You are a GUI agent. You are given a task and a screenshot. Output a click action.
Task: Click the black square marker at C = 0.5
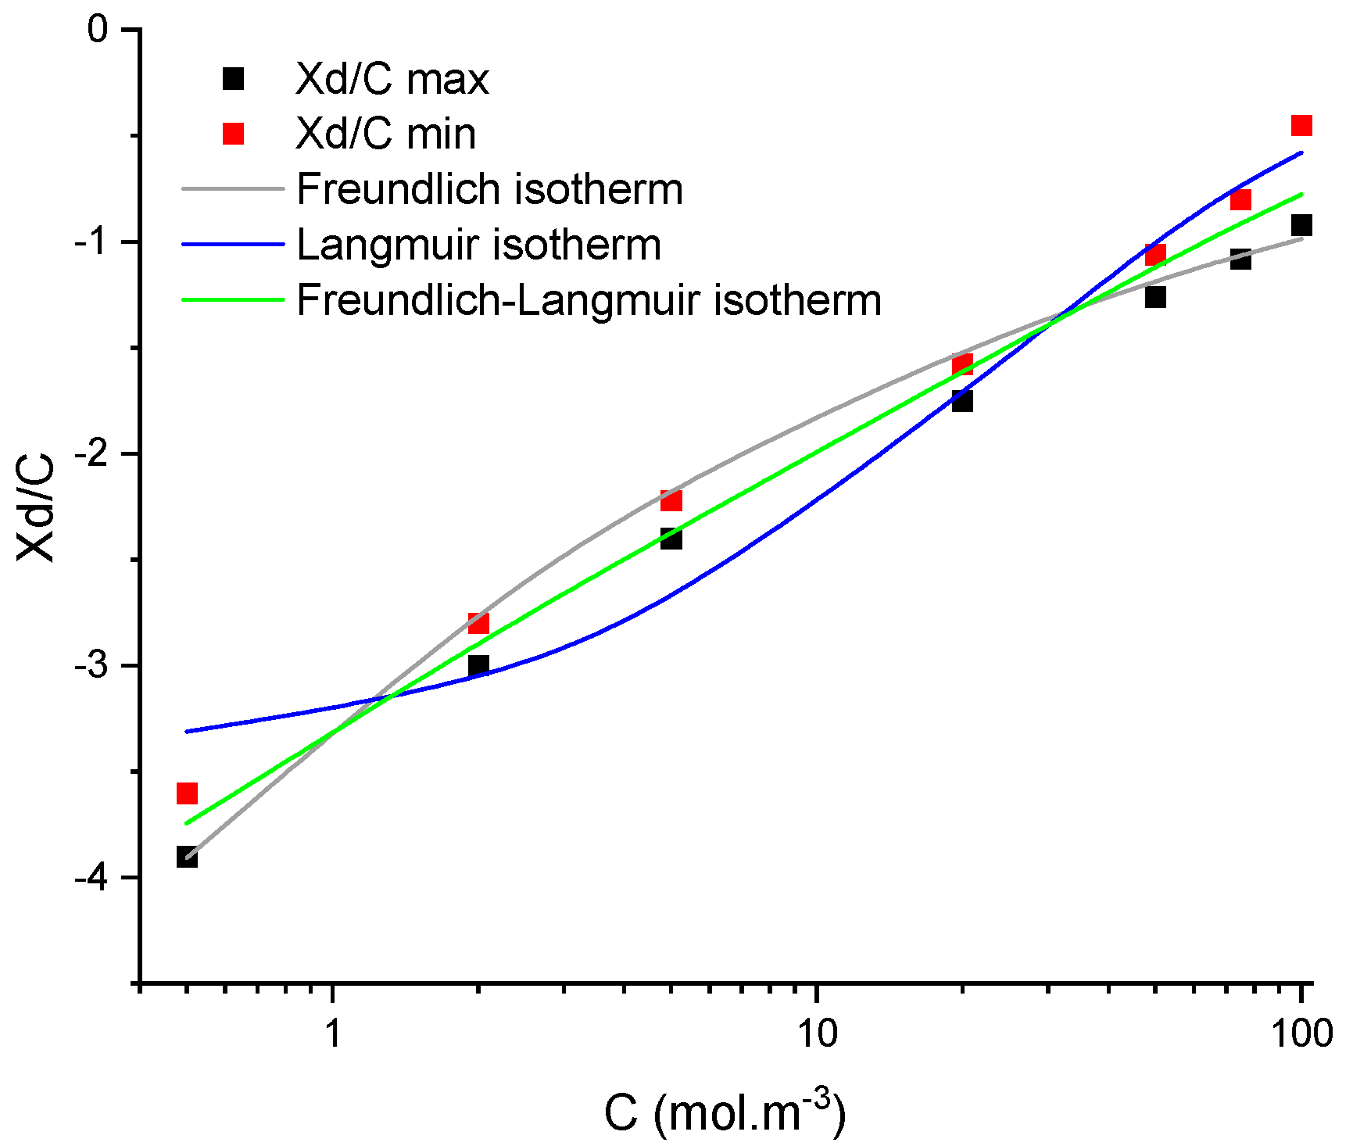tap(187, 857)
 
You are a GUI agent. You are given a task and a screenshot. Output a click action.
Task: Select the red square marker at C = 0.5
tap(187, 793)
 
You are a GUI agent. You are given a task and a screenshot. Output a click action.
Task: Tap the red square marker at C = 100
tap(1301, 125)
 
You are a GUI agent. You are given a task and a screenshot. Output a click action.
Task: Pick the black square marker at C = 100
tap(1301, 226)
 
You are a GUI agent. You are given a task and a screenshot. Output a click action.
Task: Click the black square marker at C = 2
tap(478, 665)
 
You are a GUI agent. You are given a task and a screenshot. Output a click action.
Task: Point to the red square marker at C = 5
tap(671, 500)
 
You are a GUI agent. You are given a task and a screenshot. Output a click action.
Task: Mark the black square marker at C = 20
tap(962, 401)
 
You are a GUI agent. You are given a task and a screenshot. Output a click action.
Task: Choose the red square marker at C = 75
tap(1240, 200)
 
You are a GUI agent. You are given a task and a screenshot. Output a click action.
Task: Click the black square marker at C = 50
tap(1155, 297)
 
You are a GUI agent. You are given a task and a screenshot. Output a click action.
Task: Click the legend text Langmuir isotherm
tap(478, 245)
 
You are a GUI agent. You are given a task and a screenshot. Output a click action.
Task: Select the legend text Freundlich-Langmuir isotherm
tap(589, 300)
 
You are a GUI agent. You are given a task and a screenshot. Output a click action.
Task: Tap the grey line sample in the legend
tap(233, 189)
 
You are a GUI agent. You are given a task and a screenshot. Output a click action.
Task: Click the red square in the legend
tap(233, 134)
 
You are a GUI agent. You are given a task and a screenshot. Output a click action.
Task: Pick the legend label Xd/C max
tap(392, 79)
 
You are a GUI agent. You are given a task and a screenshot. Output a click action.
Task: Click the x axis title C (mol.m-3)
tap(724, 1112)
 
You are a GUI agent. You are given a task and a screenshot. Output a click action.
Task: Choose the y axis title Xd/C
tap(37, 507)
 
